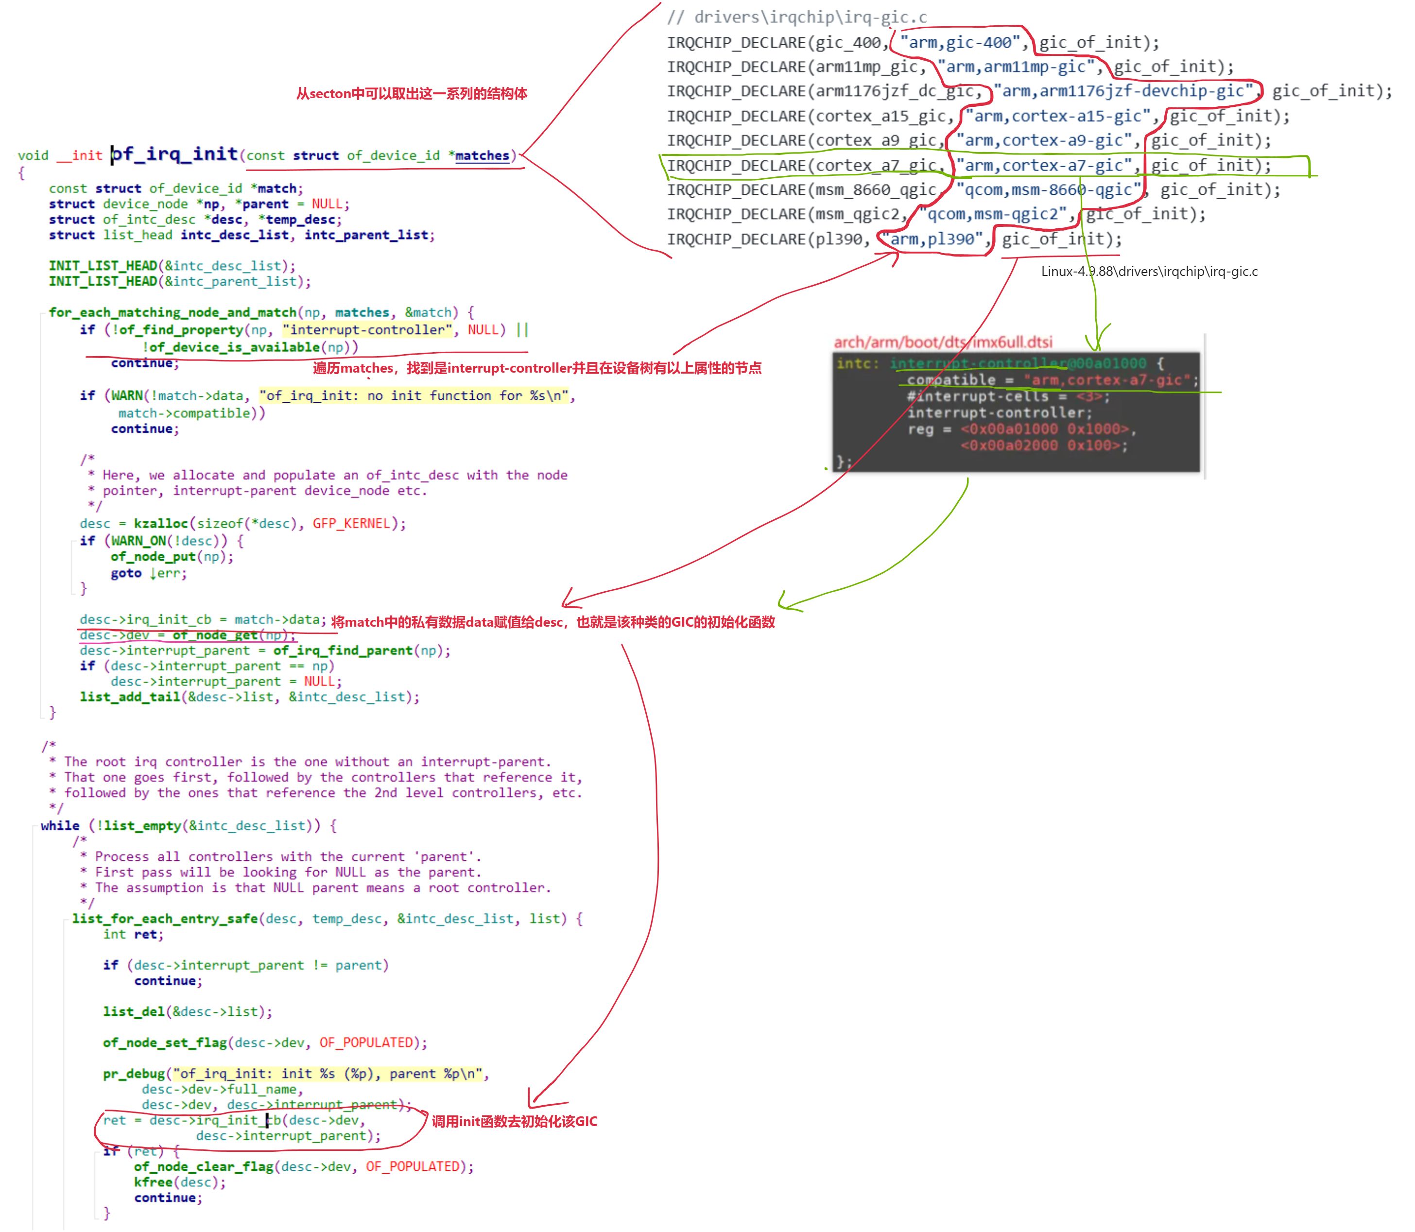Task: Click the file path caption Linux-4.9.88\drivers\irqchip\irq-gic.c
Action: pos(1149,272)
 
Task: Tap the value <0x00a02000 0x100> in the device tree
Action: pos(1044,445)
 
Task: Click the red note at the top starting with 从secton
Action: pos(412,93)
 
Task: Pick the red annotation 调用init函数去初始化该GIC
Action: pos(514,1121)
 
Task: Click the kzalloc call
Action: pos(160,523)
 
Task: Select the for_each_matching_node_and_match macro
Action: pos(173,312)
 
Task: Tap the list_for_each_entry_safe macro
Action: pos(165,919)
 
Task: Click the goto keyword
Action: pos(126,573)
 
